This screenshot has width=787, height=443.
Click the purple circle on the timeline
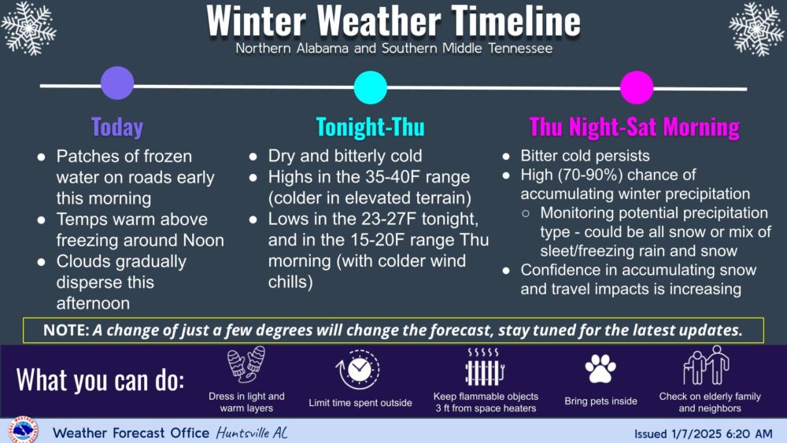pyautogui.click(x=117, y=83)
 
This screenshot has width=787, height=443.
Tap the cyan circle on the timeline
pyautogui.click(x=371, y=87)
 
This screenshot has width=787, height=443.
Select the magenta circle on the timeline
pyautogui.click(x=637, y=87)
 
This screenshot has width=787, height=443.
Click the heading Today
pyautogui.click(x=117, y=127)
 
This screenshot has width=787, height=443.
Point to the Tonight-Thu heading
pyautogui.click(x=371, y=127)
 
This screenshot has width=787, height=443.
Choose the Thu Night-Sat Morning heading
pyautogui.click(x=634, y=127)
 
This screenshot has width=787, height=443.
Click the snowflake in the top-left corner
pyautogui.click(x=28, y=28)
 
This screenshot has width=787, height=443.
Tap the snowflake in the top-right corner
pyautogui.click(x=756, y=28)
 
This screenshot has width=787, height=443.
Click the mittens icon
pyautogui.click(x=246, y=365)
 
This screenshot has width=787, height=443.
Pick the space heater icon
pyautogui.click(x=484, y=367)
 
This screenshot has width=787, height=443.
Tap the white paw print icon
pyautogui.click(x=600, y=369)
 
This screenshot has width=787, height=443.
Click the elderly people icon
pyautogui.click(x=707, y=365)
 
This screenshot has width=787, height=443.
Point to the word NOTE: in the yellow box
pyautogui.click(x=66, y=330)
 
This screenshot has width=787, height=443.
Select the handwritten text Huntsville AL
pyautogui.click(x=252, y=433)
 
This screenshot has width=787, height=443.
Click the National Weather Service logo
pyautogui.click(x=22, y=430)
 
